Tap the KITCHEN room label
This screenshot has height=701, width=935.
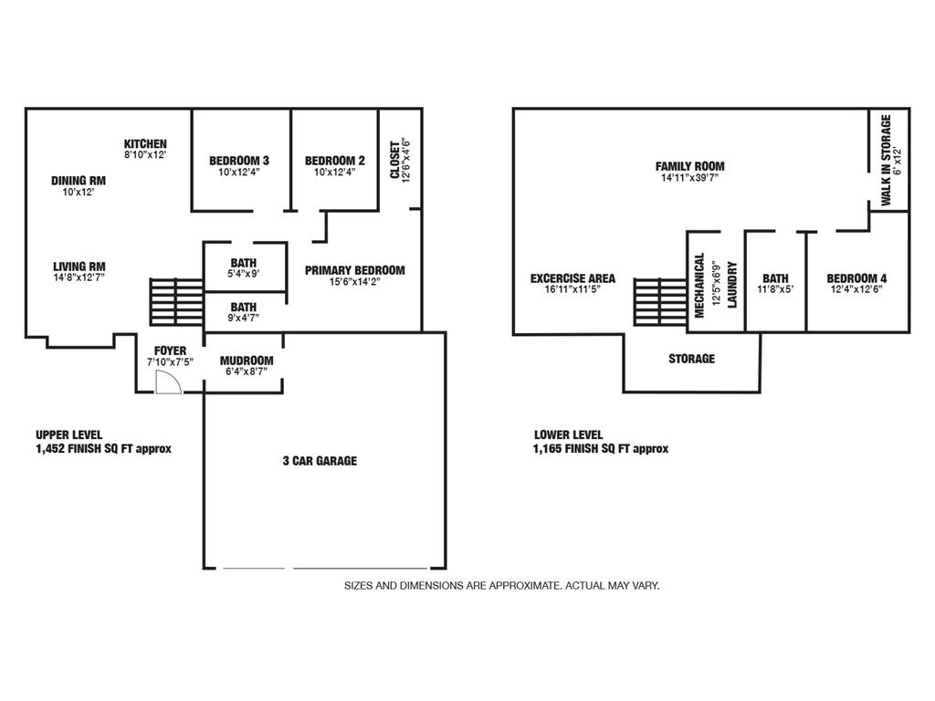[x=146, y=144]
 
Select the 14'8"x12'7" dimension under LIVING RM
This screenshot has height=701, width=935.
[x=79, y=277]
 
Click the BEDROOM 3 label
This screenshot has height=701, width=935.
[x=239, y=161]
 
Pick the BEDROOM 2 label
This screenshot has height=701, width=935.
[x=335, y=161]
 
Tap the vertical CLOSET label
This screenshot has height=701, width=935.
[x=395, y=160]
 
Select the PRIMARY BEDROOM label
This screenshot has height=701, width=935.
[x=354, y=270]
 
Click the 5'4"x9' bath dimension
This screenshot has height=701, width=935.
[x=243, y=274]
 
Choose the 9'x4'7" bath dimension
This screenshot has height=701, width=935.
[x=243, y=318]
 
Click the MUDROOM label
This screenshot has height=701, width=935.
[x=247, y=361]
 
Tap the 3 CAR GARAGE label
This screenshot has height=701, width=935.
[x=320, y=461]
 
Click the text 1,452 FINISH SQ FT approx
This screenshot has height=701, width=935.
[x=103, y=448]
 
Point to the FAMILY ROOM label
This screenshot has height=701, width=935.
[x=689, y=166]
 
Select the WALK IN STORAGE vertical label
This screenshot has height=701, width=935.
[x=886, y=161]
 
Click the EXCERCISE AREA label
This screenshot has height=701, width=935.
[x=573, y=278]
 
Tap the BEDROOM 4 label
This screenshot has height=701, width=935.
[x=856, y=278]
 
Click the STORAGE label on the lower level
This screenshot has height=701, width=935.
[x=691, y=359]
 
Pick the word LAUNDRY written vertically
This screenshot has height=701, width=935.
[x=732, y=287]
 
